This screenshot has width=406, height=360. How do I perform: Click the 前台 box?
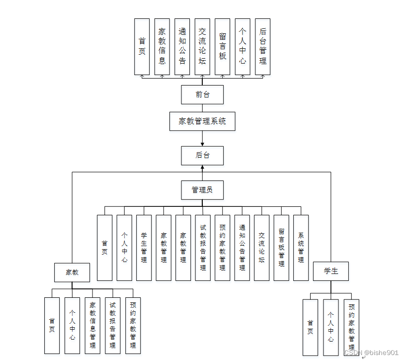tap(202, 94)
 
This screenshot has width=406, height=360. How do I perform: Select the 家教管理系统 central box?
tap(202, 121)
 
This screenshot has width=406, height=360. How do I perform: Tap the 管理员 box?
tap(202, 189)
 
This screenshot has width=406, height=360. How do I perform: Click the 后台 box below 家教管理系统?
tap(202, 156)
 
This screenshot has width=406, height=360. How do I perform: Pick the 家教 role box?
tap(72, 272)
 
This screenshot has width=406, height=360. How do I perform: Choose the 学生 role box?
tap(331, 271)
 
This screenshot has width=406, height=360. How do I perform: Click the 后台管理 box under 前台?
tap(262, 47)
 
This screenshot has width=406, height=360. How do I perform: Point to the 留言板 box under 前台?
tap(223, 47)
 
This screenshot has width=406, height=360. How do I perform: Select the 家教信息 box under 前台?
tap(162, 47)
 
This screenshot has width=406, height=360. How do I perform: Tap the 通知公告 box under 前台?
tap(182, 47)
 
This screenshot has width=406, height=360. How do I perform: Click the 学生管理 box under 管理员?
tap(144, 248)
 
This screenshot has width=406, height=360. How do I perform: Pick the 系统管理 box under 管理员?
tap(301, 248)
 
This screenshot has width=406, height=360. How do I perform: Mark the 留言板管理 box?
tap(281, 248)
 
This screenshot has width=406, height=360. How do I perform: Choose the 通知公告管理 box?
tap(242, 248)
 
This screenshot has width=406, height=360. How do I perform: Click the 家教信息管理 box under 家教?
tap(92, 325)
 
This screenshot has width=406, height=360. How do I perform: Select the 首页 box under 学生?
tap(311, 327)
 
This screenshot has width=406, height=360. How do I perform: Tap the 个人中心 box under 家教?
tap(72, 325)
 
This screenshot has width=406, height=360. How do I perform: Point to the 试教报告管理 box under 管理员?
tap(203, 248)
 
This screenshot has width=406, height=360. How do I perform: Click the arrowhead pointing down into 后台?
tap(202, 144)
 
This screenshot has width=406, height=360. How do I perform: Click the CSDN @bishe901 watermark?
tap(371, 353)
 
